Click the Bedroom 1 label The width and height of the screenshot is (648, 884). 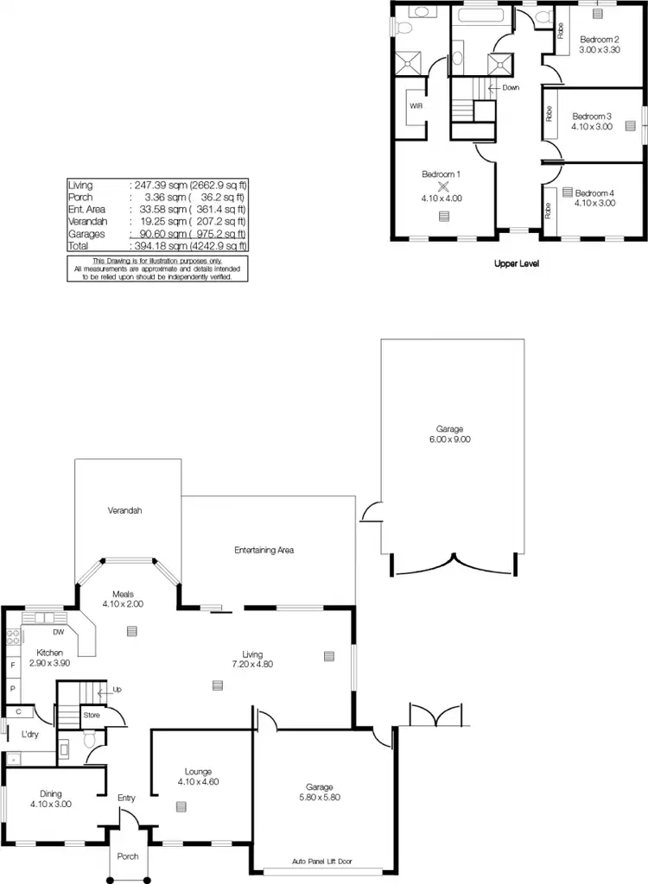tap(441, 174)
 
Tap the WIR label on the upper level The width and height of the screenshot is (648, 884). tap(416, 106)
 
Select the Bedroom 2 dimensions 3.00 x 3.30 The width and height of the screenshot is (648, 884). tap(600, 50)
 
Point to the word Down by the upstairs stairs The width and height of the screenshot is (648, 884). tap(510, 87)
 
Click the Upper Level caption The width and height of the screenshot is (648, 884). tap(517, 264)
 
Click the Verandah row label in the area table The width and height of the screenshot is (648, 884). tap(85, 221)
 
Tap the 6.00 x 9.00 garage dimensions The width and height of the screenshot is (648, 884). tap(449, 439)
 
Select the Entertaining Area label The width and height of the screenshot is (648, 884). tap(265, 549)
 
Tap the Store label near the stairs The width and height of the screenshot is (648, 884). tap(92, 715)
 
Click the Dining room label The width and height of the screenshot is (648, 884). tap(51, 793)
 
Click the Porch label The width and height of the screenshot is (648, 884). tap(128, 856)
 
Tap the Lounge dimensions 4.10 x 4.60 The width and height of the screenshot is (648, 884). tap(198, 782)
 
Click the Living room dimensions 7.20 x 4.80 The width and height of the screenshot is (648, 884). tap(252, 664)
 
